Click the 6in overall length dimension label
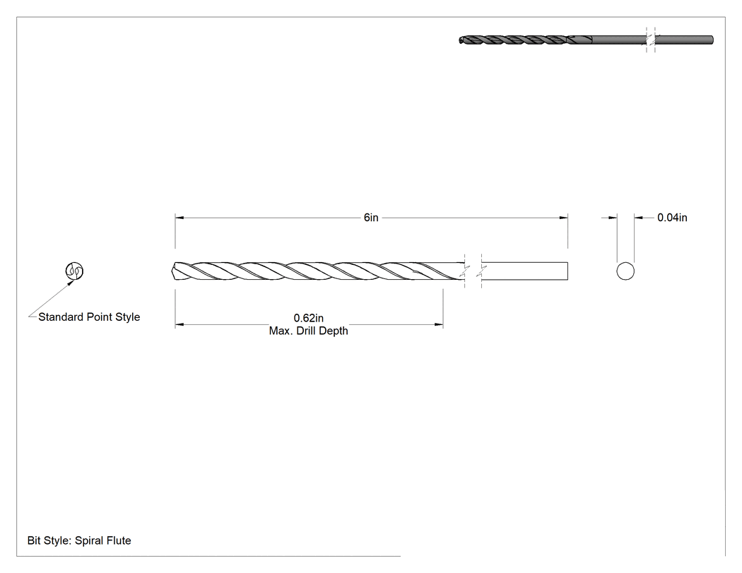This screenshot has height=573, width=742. point(371,218)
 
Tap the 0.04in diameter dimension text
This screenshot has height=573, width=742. point(672,218)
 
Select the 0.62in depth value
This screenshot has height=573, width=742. point(309,318)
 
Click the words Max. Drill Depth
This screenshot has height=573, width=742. point(309,331)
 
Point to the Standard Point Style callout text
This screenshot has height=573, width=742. point(89,317)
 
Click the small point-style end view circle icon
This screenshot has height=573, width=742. point(74,271)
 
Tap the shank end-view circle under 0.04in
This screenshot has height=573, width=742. point(625,271)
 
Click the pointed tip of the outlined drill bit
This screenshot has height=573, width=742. point(172,271)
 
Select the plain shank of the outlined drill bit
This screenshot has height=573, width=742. point(524,271)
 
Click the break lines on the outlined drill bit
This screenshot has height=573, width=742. point(473,271)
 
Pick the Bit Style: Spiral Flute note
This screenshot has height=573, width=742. point(79,540)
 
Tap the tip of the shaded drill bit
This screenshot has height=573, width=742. point(461,40)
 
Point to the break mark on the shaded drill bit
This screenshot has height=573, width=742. point(651,40)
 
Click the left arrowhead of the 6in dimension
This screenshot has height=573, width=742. point(179,218)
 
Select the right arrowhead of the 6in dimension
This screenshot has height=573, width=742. point(564,218)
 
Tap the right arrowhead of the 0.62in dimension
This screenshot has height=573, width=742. point(439,324)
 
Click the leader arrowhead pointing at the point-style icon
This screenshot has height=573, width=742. point(71,283)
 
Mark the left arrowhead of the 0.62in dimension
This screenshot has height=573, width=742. point(179,324)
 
